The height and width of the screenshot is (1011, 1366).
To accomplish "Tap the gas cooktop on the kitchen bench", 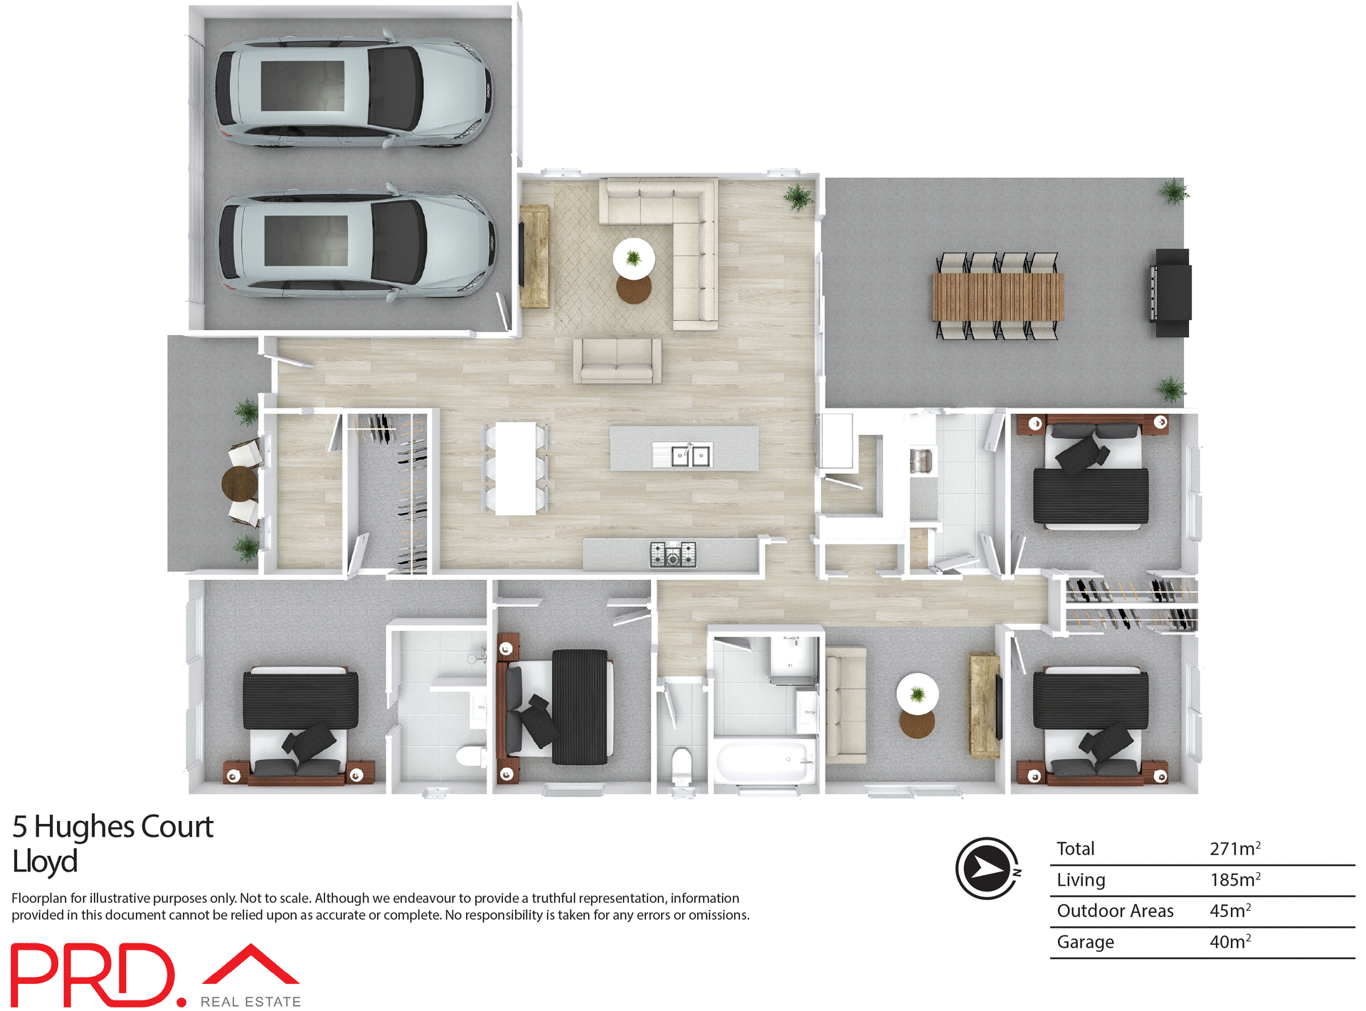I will click(672, 554).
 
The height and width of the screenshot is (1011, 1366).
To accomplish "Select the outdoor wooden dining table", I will click(998, 297).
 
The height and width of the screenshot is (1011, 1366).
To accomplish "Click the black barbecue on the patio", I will click(1171, 292).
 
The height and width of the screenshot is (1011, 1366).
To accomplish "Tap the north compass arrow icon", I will click(988, 868).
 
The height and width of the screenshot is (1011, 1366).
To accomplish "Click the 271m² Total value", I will click(1235, 849).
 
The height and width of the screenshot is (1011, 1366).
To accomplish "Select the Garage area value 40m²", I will click(1230, 942).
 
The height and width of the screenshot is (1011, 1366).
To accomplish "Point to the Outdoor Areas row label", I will click(1115, 911).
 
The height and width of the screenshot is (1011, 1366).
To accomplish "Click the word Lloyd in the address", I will click(45, 862).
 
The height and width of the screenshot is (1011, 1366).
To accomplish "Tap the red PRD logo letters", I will click(92, 975).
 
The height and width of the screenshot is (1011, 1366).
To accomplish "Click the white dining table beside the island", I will click(516, 468).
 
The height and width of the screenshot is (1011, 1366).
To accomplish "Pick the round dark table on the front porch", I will click(240, 484).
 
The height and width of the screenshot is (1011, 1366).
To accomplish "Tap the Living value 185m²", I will click(1235, 880).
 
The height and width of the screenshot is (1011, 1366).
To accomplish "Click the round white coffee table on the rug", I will click(633, 258).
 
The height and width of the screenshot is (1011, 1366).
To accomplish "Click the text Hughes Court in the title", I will click(124, 827).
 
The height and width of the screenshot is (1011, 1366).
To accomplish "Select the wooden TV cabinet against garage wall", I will click(534, 256).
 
